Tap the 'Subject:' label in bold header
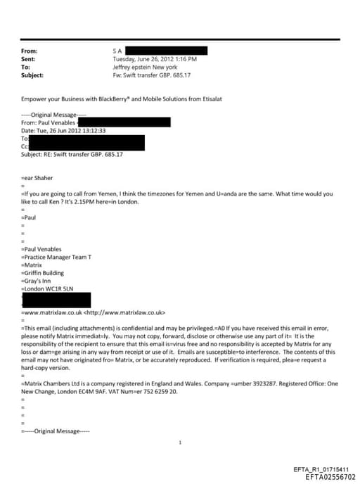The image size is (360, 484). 33,75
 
